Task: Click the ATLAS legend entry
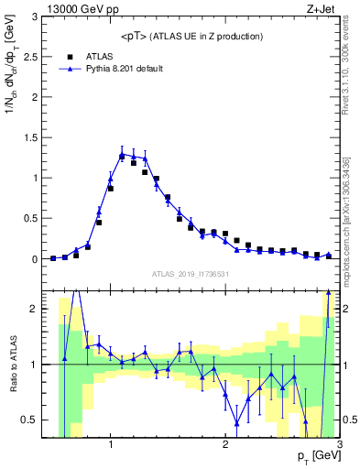point(99,56)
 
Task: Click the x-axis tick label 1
point(111,444)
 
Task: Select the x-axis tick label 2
point(225,444)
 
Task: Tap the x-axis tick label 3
point(338,444)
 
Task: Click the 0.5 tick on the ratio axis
point(33,420)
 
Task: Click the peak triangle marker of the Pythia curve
point(122,154)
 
